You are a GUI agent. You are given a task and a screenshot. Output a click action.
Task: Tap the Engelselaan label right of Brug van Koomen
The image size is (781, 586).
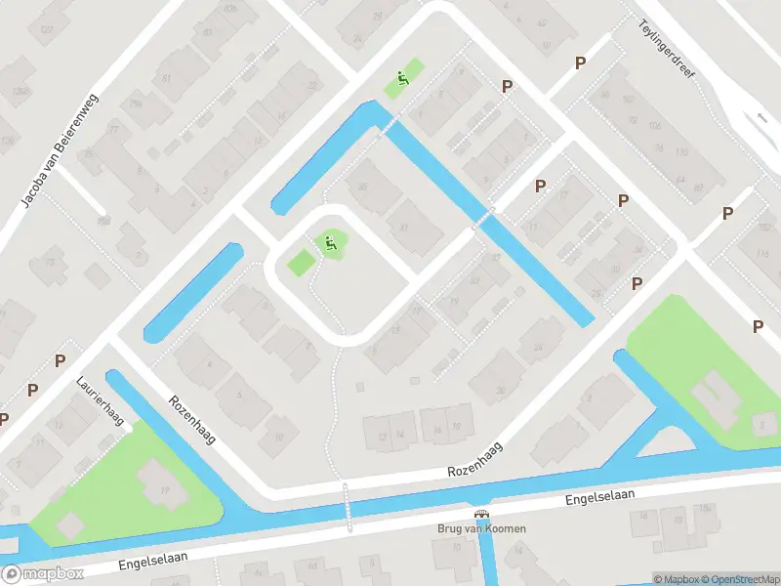click(x=600, y=497)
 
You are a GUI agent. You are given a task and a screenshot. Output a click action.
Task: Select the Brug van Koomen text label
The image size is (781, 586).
click(x=480, y=528)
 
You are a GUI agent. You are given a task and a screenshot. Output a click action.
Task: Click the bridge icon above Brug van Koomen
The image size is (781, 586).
click(x=480, y=514)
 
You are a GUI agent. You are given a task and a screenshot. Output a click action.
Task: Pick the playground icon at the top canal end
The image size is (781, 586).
click(x=401, y=78)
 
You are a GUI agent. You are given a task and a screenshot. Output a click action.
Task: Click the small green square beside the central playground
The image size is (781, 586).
click(x=301, y=262)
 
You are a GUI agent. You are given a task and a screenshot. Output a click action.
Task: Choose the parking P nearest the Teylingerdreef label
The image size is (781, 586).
click(x=580, y=63)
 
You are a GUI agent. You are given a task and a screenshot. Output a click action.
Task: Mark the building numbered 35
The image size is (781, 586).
click(x=363, y=188)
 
